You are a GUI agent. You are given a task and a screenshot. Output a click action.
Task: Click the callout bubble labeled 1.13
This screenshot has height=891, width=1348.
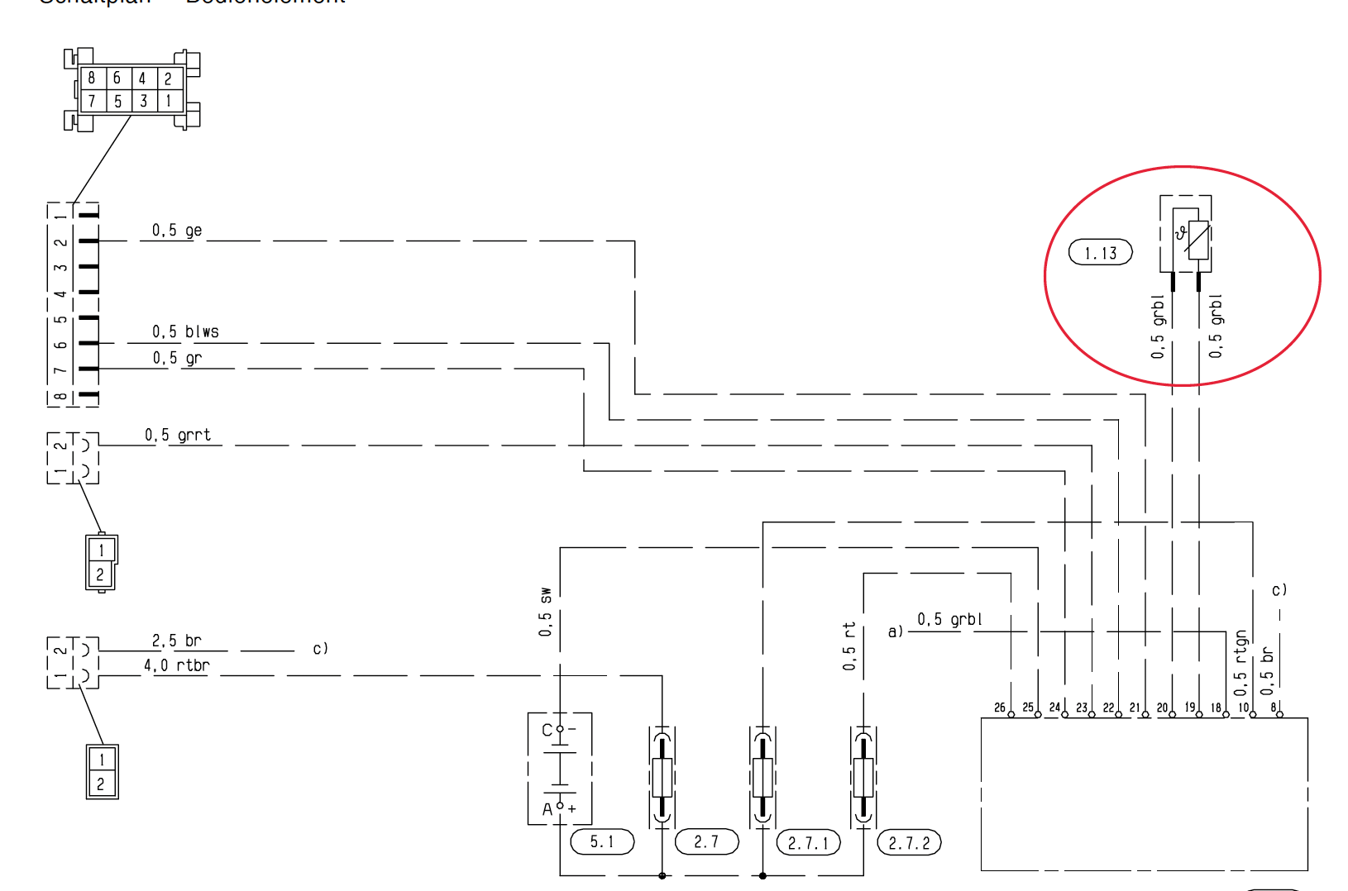click(1100, 253)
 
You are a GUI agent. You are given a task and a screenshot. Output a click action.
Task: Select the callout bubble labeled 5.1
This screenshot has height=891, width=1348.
click(602, 842)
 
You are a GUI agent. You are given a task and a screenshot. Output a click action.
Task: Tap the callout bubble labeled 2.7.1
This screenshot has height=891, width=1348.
click(808, 843)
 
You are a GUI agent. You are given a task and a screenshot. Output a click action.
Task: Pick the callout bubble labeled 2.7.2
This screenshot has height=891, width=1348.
click(909, 843)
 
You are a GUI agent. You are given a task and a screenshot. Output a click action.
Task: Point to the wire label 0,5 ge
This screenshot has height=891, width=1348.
click(176, 231)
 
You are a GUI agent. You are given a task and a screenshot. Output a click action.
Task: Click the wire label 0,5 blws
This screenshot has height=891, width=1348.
click(185, 332)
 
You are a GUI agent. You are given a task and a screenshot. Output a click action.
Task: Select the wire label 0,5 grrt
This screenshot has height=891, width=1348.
click(178, 436)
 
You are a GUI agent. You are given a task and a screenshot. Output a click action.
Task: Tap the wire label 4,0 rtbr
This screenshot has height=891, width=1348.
click(176, 665)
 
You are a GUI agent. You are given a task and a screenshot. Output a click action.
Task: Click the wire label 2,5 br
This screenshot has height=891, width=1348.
click(176, 641)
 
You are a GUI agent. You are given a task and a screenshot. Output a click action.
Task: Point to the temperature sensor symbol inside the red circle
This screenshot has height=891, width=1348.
click(1191, 240)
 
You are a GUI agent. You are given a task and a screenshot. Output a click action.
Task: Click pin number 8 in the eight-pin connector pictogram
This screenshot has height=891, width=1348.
click(92, 79)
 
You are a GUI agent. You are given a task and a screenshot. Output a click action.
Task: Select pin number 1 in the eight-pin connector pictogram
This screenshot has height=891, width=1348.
click(169, 101)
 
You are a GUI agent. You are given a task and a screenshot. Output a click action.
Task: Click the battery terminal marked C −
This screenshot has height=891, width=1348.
click(560, 729)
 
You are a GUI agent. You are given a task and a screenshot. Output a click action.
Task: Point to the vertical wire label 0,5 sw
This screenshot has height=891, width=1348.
click(545, 612)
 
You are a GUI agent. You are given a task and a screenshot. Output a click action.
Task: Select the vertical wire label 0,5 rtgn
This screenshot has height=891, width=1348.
click(1240, 662)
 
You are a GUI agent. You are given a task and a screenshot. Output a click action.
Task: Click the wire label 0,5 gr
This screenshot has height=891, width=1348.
click(176, 358)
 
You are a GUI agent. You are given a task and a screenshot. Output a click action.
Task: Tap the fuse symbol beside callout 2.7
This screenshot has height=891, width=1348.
click(662, 777)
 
